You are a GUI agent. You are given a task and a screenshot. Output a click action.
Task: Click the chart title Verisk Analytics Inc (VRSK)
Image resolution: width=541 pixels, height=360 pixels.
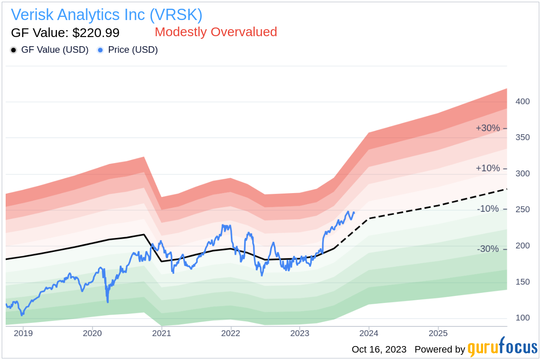point(107,15)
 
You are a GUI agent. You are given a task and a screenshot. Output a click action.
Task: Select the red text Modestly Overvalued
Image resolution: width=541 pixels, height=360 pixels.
point(216,32)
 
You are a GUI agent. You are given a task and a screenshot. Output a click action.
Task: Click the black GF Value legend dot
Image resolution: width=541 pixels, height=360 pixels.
point(14,50)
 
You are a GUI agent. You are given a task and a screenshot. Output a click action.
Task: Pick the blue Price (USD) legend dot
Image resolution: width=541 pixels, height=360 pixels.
point(101,50)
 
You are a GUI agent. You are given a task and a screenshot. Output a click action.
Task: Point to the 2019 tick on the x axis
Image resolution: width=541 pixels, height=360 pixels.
point(23,333)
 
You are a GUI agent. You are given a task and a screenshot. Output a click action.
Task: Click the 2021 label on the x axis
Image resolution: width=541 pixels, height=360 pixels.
point(162,333)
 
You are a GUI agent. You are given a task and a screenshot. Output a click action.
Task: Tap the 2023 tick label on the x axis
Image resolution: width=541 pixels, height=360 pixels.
point(300,333)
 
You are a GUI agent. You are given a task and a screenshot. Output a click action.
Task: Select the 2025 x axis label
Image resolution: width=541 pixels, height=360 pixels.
point(438,333)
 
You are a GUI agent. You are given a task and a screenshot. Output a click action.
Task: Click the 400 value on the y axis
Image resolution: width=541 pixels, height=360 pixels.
point(523,102)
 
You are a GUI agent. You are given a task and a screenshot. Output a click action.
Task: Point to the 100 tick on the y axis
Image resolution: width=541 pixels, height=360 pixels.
point(523,318)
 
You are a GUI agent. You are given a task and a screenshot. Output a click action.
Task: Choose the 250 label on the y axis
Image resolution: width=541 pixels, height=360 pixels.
point(523,210)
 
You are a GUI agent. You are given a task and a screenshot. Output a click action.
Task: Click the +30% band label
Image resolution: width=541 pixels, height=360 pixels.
point(488,128)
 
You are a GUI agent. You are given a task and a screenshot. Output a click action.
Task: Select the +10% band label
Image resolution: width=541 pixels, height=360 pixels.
point(488,168)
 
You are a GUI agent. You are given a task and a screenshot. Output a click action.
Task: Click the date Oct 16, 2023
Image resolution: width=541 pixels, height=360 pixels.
point(379,350)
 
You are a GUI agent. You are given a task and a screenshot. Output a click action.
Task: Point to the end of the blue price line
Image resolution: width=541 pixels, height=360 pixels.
point(354,213)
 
